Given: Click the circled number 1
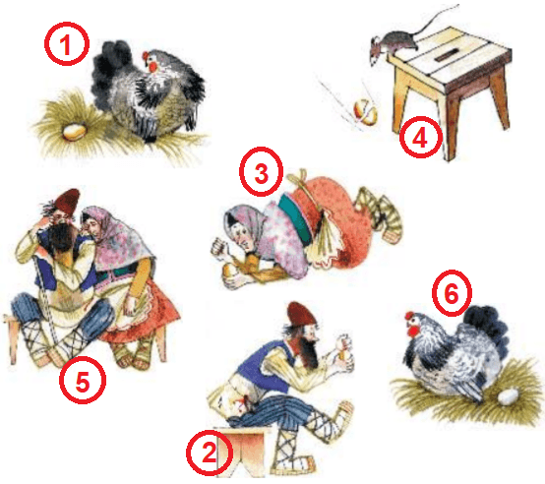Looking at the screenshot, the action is click(66, 44).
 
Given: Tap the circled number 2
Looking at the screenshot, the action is click(209, 453).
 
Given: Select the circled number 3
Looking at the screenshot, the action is click(261, 172).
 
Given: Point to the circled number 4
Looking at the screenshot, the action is click(421, 138).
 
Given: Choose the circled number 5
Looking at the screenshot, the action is click(83, 381).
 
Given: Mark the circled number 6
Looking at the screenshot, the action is click(452, 293).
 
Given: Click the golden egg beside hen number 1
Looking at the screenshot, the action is click(74, 132).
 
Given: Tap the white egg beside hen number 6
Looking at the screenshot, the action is click(509, 396).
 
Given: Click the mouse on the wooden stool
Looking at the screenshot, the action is click(396, 45).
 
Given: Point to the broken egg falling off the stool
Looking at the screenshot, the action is click(365, 111).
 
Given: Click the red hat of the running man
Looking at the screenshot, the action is click(301, 315).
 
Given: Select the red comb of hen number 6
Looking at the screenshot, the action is click(410, 316).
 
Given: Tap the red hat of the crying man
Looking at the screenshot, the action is click(66, 203).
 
